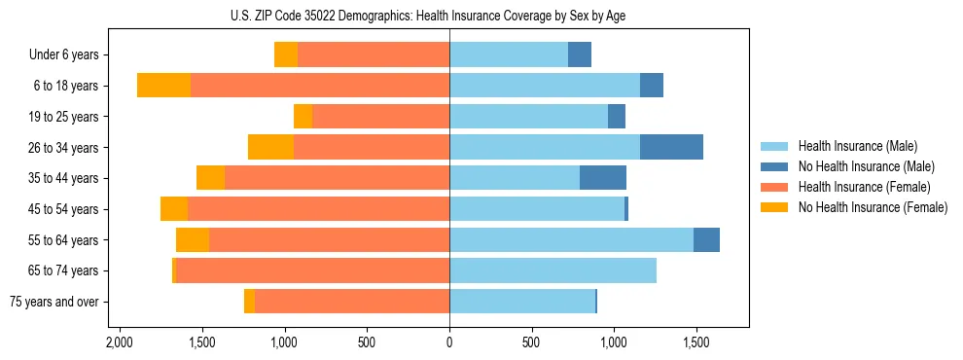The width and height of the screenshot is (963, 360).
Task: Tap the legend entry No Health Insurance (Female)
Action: click(873, 207)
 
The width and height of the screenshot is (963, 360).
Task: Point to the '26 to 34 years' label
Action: click(65, 148)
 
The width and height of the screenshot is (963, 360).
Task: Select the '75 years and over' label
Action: click(53, 302)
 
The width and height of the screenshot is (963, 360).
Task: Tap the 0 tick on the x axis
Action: click(449, 343)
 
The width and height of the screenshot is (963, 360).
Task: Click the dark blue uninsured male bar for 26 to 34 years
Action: click(671, 148)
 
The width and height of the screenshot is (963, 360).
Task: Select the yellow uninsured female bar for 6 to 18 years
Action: click(163, 86)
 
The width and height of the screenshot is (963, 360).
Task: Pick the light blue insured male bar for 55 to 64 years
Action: click(571, 240)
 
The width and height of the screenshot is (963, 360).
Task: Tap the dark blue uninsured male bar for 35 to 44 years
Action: click(603, 178)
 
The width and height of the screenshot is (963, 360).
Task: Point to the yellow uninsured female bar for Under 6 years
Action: click(286, 55)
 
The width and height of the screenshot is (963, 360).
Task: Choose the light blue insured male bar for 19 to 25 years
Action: click(528, 117)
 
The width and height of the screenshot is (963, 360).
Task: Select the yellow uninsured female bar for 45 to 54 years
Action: click(174, 209)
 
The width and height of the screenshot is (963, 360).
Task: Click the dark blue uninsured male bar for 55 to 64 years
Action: click(706, 240)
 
